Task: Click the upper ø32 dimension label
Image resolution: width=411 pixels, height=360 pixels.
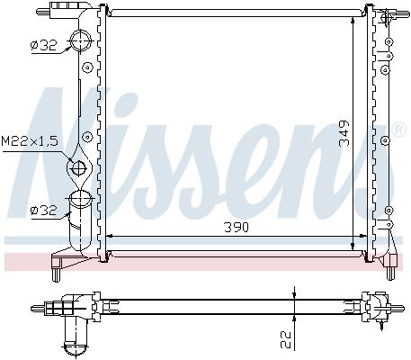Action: coord(43,45)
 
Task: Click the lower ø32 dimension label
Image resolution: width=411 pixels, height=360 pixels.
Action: coord(43,211)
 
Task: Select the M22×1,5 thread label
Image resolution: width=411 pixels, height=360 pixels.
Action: coord(30,140)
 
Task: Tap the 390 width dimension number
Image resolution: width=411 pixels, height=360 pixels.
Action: coord(237,228)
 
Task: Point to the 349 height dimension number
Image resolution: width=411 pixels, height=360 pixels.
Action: coord(344,133)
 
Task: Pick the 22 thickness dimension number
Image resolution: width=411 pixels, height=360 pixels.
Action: coord(286,339)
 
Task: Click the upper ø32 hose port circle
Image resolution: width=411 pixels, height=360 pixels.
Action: coord(80,40)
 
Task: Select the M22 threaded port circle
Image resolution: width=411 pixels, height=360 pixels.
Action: coord(79,168)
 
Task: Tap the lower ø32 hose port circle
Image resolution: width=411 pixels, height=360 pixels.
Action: coord(80,199)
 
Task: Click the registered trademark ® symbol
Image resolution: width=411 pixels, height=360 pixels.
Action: coord(399,130)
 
